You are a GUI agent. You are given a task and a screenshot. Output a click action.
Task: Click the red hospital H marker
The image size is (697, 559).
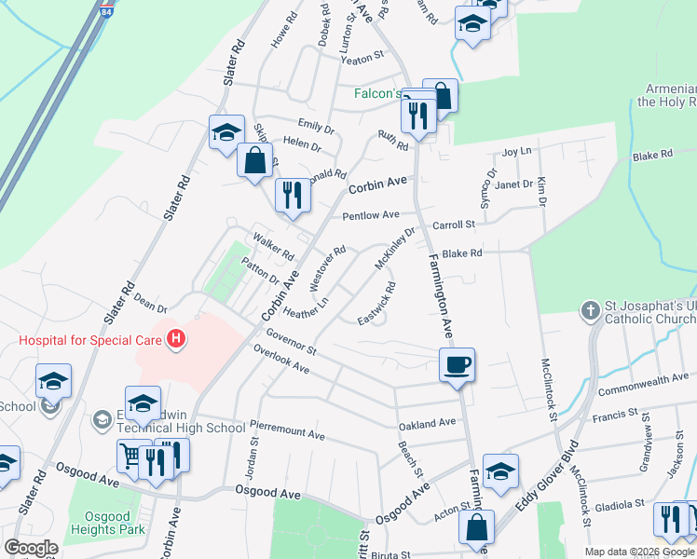pyautogui.click(x=175, y=340)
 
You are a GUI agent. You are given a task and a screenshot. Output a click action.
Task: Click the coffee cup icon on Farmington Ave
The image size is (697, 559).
pyautogui.click(x=458, y=364)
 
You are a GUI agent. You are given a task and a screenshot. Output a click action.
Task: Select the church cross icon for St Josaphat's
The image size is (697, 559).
pyautogui.click(x=590, y=310)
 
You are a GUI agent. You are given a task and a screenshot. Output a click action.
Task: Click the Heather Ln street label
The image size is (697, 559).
pyautogui.click(x=307, y=307)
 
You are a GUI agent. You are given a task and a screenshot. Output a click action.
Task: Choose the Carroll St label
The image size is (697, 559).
pyautogui.click(x=454, y=225)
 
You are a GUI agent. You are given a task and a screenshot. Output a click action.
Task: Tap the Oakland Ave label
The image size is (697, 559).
pyautogui.click(x=427, y=423)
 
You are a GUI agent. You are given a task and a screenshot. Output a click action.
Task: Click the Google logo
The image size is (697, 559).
pyautogui.click(x=30, y=548)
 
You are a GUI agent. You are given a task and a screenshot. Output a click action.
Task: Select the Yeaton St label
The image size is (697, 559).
pyautogui.click(x=362, y=58)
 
